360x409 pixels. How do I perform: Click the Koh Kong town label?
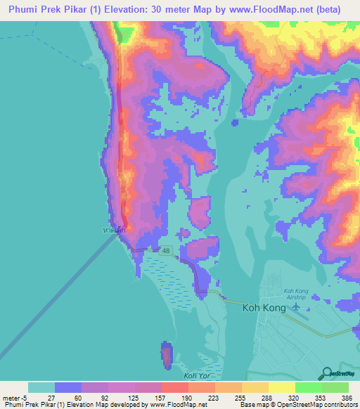click(x=266, y=307)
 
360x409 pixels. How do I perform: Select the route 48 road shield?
click(x=166, y=249)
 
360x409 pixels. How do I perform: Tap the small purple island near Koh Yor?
click(x=167, y=355)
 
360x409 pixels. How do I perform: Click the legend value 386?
click(x=347, y=398)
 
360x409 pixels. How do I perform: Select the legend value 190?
click(x=187, y=398)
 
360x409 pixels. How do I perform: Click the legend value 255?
click(x=240, y=398)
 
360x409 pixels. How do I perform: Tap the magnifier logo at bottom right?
click(x=327, y=372)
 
